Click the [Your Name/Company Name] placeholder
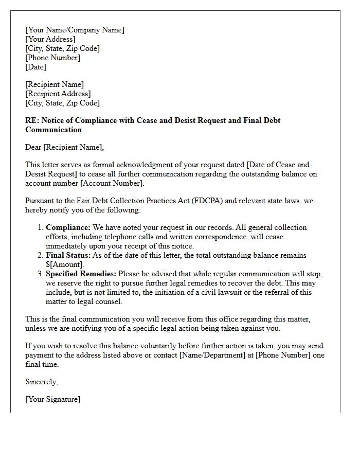[x=75, y=30]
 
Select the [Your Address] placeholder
[x=50, y=39]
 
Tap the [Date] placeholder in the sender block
[x=35, y=67]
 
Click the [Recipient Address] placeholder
[x=58, y=94]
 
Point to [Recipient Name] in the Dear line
[x=73, y=148]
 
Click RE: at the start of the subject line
[x=31, y=120]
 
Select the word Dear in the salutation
[x=33, y=148]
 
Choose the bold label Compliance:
[x=68, y=227]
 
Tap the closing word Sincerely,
[x=41, y=382]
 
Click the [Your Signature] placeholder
[x=52, y=399]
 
